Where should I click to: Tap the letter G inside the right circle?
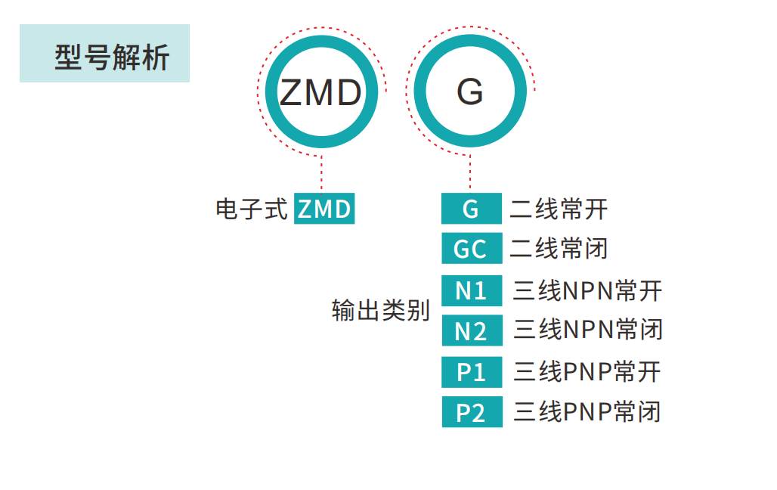(x=469, y=93)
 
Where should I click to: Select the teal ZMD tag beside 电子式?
(x=324, y=209)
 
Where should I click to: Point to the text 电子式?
(x=252, y=209)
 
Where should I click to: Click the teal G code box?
(x=472, y=209)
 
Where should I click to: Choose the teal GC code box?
(x=472, y=248)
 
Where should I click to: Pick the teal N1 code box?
(x=472, y=290)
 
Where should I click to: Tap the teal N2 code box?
(x=472, y=330)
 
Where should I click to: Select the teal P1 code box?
(x=472, y=372)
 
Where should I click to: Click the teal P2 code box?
(x=472, y=413)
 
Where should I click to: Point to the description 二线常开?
(x=559, y=209)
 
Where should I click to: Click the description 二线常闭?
(x=559, y=248)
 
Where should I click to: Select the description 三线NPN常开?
(x=587, y=290)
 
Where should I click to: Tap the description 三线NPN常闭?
(x=587, y=330)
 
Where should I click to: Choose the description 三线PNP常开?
(x=587, y=372)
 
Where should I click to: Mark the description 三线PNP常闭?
(x=587, y=413)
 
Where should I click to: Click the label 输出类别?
(x=380, y=310)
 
